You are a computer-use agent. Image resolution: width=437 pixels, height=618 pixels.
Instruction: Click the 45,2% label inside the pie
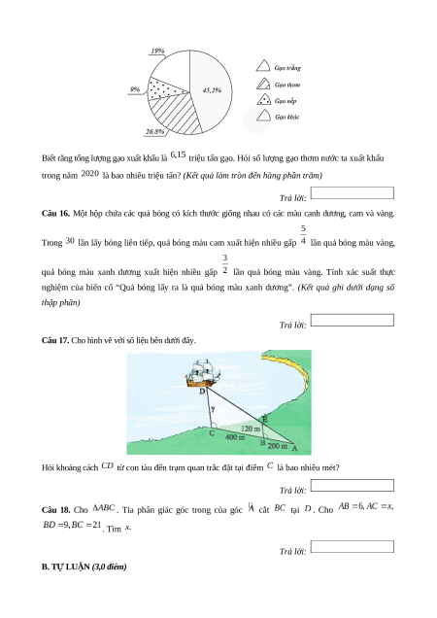point(212,90)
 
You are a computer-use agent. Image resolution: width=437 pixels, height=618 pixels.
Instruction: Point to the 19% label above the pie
point(157,51)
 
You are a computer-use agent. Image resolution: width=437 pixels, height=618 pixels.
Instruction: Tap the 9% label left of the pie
point(135,89)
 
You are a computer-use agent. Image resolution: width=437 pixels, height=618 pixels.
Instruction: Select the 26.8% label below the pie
point(154,131)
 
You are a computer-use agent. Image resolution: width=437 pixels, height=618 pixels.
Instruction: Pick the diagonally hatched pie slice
point(178,113)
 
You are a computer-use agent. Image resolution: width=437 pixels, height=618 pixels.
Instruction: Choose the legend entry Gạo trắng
point(278,67)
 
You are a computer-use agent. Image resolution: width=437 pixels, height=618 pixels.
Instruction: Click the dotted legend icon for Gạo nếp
point(263,100)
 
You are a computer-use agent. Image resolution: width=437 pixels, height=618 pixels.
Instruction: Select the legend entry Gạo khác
point(278,117)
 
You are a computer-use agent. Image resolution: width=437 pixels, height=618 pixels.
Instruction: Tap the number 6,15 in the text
point(178,154)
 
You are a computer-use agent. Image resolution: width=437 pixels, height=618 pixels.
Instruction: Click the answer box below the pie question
point(352,193)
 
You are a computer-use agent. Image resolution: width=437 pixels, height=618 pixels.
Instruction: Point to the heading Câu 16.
point(55,213)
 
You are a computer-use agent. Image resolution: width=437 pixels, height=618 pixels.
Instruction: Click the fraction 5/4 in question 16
point(303,234)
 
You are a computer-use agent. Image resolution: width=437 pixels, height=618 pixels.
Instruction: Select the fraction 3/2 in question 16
point(224,263)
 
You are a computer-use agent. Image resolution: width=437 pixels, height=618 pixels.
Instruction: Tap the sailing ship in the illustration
point(202,373)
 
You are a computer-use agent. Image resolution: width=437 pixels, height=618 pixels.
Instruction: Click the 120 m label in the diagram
point(251,429)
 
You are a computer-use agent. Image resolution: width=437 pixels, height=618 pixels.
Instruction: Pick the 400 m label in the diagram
point(235,437)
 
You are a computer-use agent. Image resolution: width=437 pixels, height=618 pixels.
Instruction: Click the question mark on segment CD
point(213,409)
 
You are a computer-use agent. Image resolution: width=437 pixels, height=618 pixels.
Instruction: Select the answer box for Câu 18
point(352,547)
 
